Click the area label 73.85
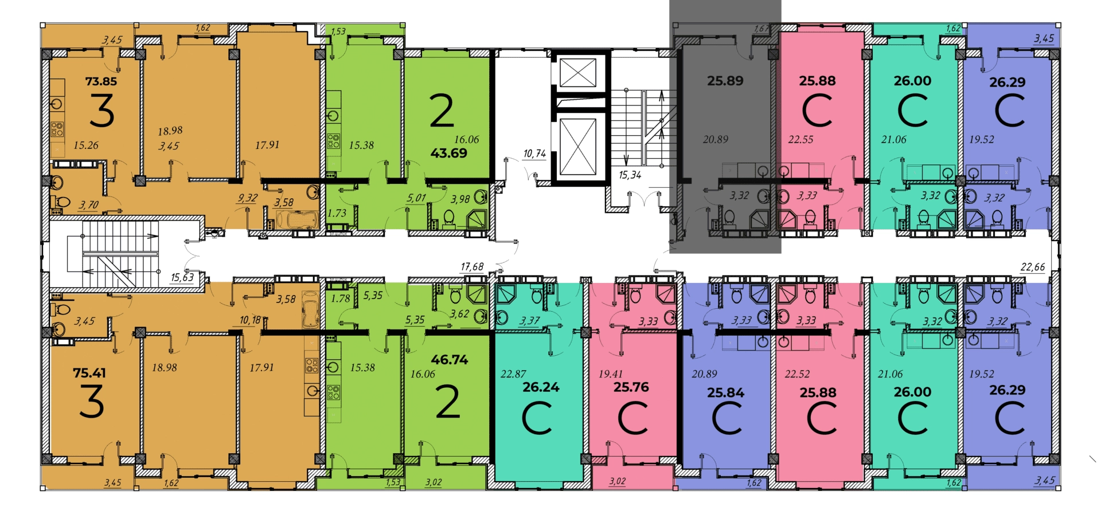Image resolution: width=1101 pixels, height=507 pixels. point(101,81)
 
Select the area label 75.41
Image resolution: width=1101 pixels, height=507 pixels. point(89,373)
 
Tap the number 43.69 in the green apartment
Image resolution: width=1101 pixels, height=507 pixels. point(449,153)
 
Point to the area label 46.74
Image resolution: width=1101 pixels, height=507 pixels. point(450,360)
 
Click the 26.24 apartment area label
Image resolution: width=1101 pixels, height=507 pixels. point(541,387)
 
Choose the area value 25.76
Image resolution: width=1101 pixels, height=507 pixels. point(631,387)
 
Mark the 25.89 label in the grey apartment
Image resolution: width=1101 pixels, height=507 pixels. point(725,81)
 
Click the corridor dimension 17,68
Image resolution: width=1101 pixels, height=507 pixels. point(472,266)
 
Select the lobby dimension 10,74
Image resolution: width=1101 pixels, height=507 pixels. point(534,154)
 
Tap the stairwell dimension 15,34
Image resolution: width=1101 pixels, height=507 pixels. point(630,175)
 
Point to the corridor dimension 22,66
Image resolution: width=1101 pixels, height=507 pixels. point(1033,267)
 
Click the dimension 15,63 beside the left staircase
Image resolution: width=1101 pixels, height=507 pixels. point(182,277)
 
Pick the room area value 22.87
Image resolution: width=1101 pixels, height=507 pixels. point(513,374)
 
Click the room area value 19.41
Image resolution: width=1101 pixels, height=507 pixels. point(610,374)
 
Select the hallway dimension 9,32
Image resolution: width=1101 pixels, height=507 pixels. point(248,198)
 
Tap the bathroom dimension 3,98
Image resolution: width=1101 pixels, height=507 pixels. point(460,199)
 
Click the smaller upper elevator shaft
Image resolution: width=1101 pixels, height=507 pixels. point(577,73)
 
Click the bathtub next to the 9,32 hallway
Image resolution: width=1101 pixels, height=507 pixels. point(296,219)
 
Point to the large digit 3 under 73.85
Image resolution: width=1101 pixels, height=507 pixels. point(101,111)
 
